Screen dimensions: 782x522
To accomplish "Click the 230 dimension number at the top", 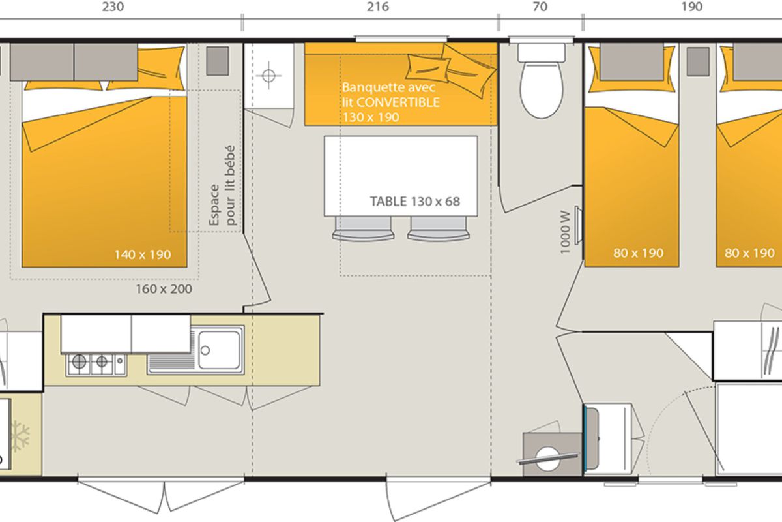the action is [x=113, y=7].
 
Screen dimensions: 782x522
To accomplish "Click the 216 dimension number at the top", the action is [x=378, y=7].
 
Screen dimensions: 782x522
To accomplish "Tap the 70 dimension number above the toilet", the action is [x=540, y=7].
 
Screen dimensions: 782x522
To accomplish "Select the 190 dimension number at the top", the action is [x=692, y=7].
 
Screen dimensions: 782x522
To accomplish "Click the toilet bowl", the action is [x=542, y=90].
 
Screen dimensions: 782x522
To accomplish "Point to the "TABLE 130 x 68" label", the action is [x=414, y=202].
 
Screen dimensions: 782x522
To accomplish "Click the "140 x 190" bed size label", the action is [x=143, y=254].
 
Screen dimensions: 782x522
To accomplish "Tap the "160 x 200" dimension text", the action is [x=164, y=289].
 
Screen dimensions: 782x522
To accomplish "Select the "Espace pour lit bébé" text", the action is [x=222, y=186].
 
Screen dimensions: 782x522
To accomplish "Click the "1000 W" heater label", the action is [x=565, y=232].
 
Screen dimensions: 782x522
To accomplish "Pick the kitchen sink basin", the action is [x=219, y=350].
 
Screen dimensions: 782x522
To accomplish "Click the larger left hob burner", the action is [x=79, y=361].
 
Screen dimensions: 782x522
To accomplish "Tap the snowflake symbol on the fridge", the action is [x=20, y=436].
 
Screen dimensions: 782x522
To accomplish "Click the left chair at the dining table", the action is [x=363, y=228].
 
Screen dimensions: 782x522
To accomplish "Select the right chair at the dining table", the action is [x=438, y=228].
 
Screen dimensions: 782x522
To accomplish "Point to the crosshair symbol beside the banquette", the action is [x=268, y=75].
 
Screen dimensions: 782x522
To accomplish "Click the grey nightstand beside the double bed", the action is [x=218, y=61].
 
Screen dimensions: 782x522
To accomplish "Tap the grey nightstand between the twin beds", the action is [x=698, y=61].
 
